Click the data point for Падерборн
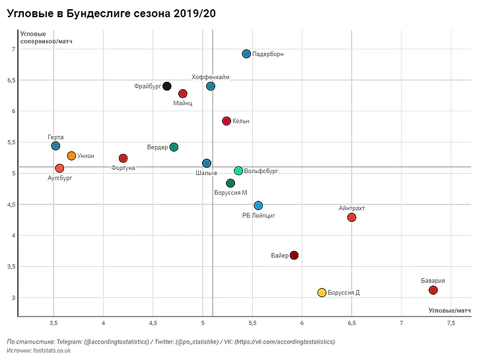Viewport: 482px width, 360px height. coord(246,54)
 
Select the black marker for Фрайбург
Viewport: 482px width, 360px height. coord(167,87)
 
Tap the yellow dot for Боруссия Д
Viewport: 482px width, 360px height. coord(322,293)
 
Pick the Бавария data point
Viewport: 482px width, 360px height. coord(433,290)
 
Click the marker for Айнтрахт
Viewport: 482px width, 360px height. coord(351,217)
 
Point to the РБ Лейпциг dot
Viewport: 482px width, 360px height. coord(258,205)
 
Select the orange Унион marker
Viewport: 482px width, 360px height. coord(71,156)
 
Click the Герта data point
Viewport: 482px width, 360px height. coord(55,145)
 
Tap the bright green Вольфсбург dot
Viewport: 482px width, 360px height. coord(238,171)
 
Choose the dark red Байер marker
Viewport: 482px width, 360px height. coord(294,255)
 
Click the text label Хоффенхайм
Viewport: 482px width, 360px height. coord(211,77)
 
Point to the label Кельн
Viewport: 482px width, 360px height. coord(241,122)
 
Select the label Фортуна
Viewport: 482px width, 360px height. coord(123,168)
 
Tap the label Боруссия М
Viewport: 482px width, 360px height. coord(231,193)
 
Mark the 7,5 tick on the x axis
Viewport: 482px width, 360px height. coord(451,323)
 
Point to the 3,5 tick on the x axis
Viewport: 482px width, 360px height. coord(53,323)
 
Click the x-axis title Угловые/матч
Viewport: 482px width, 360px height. coord(449,310)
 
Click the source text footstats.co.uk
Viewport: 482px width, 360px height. coord(38,351)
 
